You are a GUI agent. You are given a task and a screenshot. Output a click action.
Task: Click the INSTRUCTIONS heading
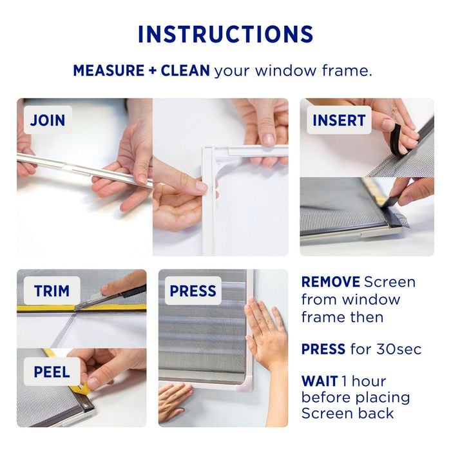tap(225, 34)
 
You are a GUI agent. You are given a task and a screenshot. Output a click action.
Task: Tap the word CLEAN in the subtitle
tap(184, 70)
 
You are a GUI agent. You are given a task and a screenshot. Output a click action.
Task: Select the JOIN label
tap(48, 120)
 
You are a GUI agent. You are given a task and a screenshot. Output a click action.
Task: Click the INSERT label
tap(339, 120)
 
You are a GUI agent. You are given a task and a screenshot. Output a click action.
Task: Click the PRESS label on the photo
tap(193, 292)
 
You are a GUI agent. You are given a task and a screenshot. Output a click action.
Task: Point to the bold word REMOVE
tap(330, 282)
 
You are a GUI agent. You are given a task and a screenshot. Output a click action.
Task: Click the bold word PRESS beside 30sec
tap(323, 349)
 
